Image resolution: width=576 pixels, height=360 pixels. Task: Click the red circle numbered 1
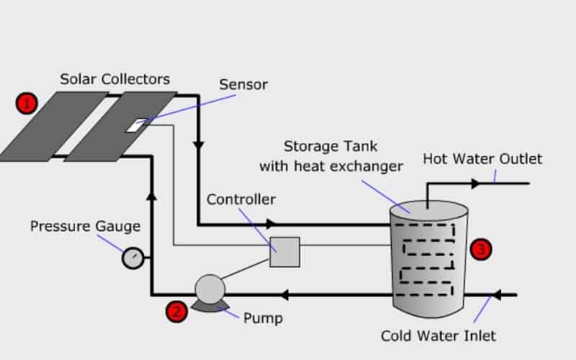[27, 104]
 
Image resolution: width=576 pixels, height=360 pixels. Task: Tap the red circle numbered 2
[177, 311]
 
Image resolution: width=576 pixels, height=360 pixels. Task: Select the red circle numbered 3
[481, 249]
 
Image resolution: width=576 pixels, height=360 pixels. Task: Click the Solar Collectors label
[114, 78]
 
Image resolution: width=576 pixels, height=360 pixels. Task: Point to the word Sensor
[243, 84]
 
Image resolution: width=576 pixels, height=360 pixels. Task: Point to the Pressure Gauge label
[85, 227]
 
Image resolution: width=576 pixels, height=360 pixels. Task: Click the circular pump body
[210, 289]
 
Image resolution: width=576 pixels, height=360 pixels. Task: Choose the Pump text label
[263, 318]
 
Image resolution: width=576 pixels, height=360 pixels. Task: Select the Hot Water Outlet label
[482, 158]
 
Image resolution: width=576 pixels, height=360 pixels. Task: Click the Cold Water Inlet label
[438, 336]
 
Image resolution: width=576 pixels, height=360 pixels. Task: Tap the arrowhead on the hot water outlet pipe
[475, 184]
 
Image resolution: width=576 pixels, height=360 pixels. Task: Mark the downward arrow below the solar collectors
[197, 145]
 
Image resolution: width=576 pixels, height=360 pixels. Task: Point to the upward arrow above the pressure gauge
[152, 195]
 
